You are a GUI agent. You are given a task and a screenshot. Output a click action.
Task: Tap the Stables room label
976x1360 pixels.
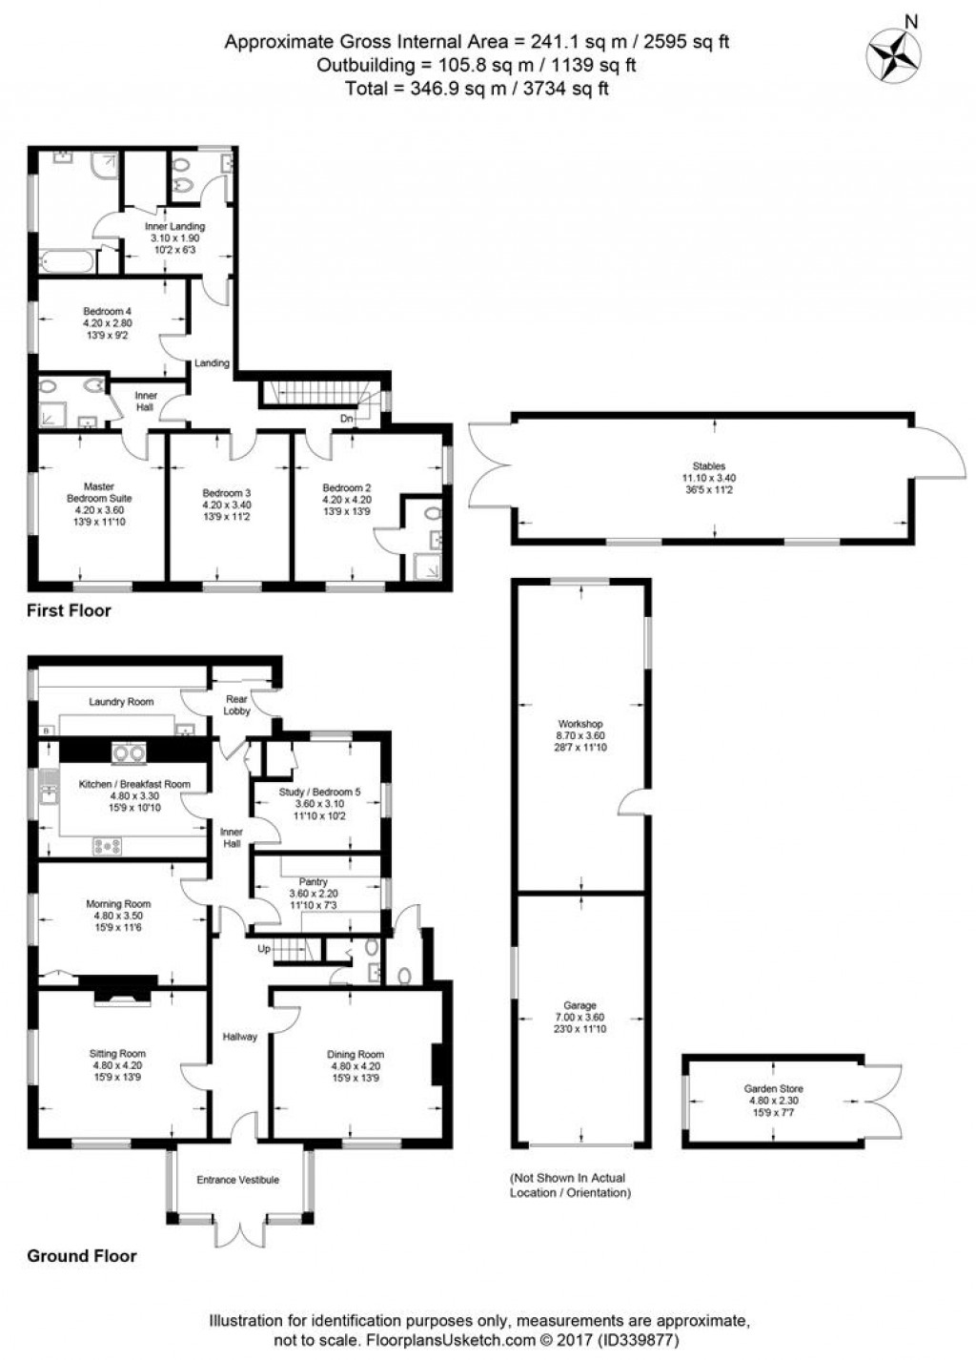click(x=716, y=466)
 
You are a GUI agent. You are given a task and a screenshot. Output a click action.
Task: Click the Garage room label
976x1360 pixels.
click(x=579, y=1005)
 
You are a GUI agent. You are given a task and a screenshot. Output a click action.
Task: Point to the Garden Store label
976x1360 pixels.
click(x=773, y=1088)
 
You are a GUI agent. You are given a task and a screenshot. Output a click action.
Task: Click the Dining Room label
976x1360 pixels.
click(x=356, y=1054)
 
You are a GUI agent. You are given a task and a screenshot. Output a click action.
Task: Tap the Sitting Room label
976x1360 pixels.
click(x=117, y=1054)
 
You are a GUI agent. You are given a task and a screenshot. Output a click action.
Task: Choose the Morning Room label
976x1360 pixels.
click(x=118, y=904)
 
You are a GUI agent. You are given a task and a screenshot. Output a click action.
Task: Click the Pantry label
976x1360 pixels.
click(x=314, y=882)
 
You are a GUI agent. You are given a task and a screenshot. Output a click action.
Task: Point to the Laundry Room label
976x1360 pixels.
click(x=121, y=702)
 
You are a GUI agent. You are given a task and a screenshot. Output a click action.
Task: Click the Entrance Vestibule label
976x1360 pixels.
click(x=237, y=1180)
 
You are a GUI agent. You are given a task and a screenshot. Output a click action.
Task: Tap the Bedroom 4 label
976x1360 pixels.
click(x=107, y=312)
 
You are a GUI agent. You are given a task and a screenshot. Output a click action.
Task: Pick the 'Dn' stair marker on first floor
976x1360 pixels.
click(x=346, y=418)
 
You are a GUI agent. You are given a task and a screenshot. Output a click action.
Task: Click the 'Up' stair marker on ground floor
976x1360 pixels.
click(x=264, y=949)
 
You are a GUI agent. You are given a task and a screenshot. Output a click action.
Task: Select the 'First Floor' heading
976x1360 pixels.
click(x=69, y=610)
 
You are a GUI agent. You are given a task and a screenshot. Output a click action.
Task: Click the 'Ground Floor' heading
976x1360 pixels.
click(x=81, y=1256)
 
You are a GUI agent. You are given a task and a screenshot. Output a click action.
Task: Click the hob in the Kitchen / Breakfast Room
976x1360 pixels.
click(x=106, y=844)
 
